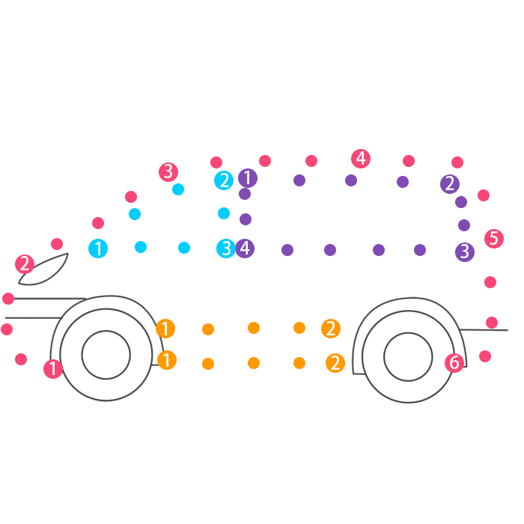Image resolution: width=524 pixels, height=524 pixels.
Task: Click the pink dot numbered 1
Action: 53,368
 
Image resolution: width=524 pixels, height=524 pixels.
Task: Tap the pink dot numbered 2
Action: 25,263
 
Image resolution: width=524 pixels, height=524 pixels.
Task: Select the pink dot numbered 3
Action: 168,171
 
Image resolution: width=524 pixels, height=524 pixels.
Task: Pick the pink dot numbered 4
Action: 361,159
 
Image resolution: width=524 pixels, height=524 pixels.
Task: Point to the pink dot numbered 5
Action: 493,239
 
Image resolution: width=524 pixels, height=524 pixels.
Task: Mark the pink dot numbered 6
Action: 454,363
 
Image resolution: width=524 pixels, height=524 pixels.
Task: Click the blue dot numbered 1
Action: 98,249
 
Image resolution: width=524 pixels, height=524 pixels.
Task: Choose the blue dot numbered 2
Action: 224,180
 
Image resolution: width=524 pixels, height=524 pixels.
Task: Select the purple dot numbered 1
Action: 248,178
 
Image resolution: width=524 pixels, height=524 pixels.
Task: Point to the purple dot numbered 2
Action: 450,183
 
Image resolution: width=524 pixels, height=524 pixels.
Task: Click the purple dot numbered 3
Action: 465,252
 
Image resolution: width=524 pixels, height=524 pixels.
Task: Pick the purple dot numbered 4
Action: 245,249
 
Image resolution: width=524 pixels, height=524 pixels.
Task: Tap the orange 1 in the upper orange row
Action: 165,329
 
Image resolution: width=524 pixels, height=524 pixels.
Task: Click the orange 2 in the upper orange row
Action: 331,329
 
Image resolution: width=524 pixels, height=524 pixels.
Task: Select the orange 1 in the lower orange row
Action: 167,360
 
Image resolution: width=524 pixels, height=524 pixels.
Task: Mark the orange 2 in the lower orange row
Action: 335,363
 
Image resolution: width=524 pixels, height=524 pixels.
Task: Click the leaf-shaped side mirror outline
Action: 45,269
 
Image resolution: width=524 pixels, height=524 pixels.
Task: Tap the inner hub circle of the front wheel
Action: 106,355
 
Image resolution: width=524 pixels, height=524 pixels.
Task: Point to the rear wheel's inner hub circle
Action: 408,356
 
